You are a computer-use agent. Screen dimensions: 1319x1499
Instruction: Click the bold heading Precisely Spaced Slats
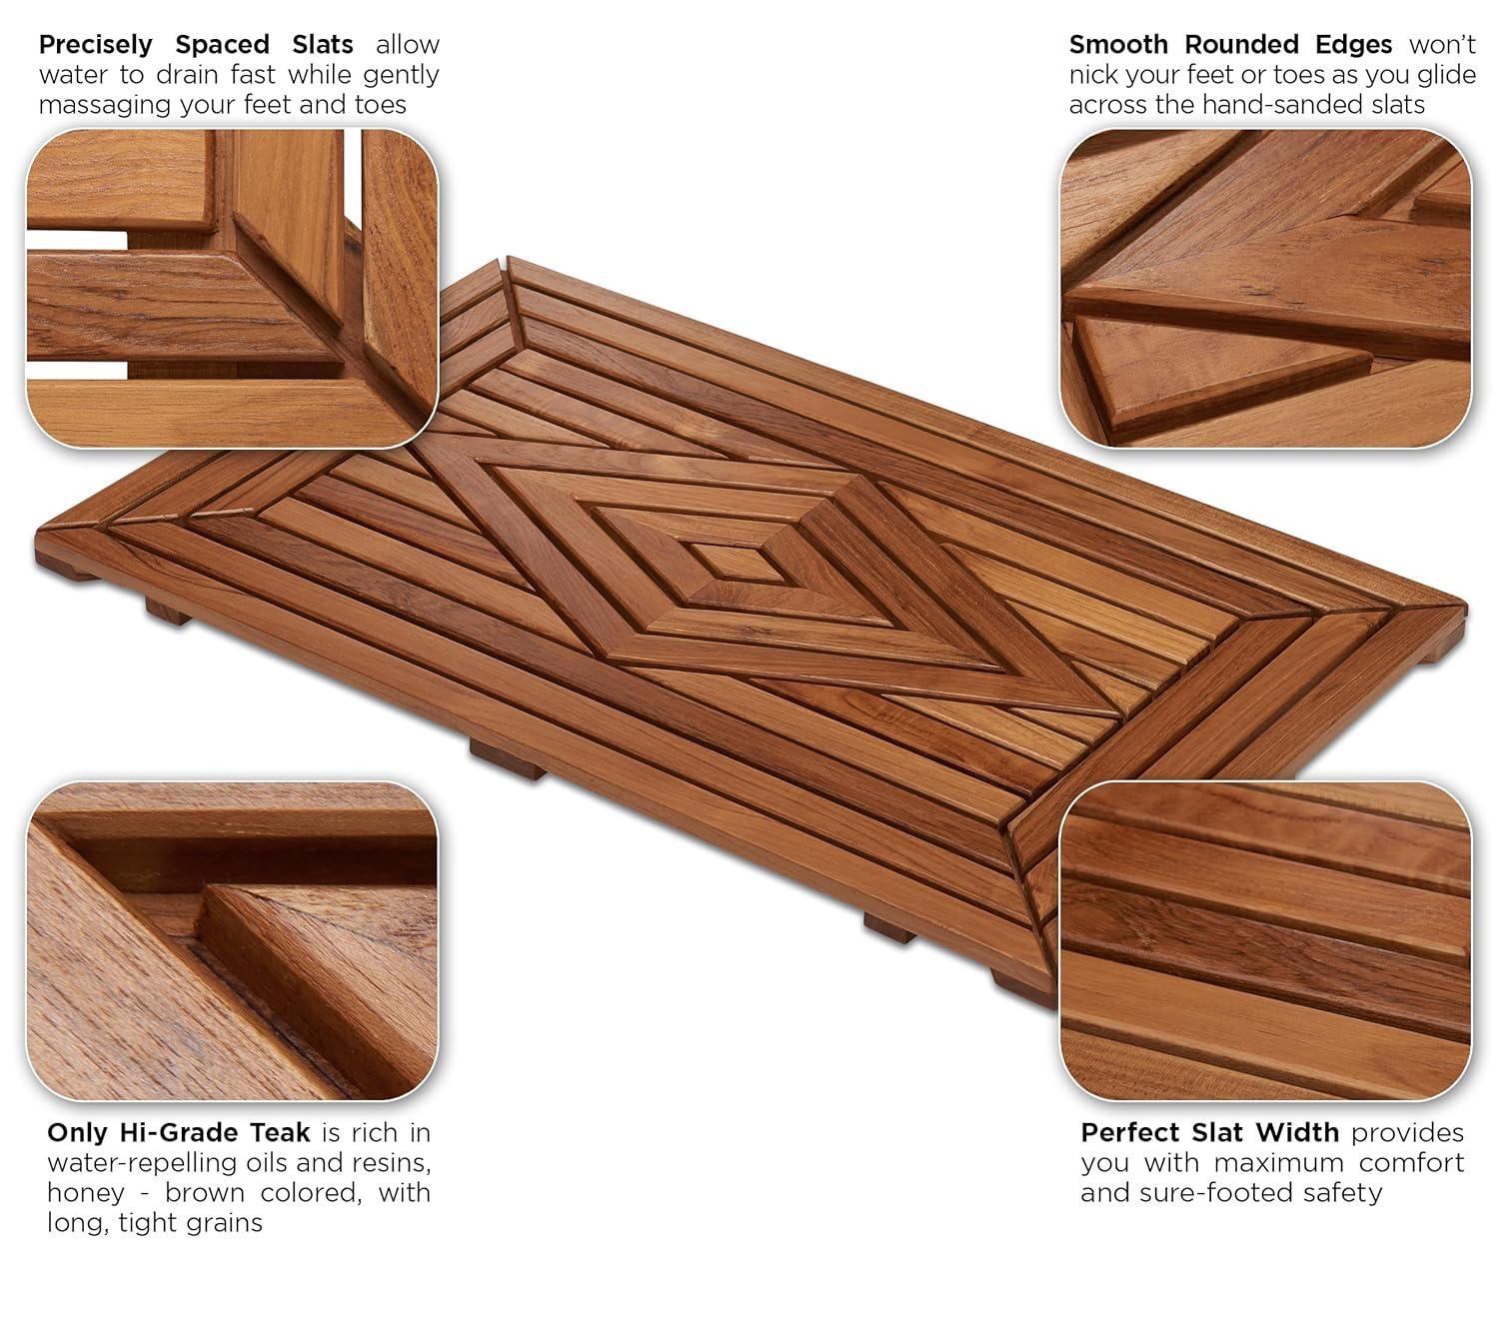point(196,45)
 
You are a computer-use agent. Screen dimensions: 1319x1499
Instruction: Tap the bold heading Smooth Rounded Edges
point(1230,45)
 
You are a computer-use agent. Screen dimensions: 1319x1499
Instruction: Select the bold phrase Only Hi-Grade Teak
point(179,1132)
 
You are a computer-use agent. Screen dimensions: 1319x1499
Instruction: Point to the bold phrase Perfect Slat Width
point(1209,1132)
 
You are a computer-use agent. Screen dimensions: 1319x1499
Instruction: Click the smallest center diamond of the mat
point(741,564)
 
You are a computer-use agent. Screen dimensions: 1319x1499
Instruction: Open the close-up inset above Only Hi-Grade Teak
point(232,941)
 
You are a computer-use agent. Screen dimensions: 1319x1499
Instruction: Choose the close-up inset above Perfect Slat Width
point(1265,941)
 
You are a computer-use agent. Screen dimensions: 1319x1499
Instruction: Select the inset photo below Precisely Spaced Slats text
point(232,288)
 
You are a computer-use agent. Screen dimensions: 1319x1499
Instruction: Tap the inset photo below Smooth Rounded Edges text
point(1265,288)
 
